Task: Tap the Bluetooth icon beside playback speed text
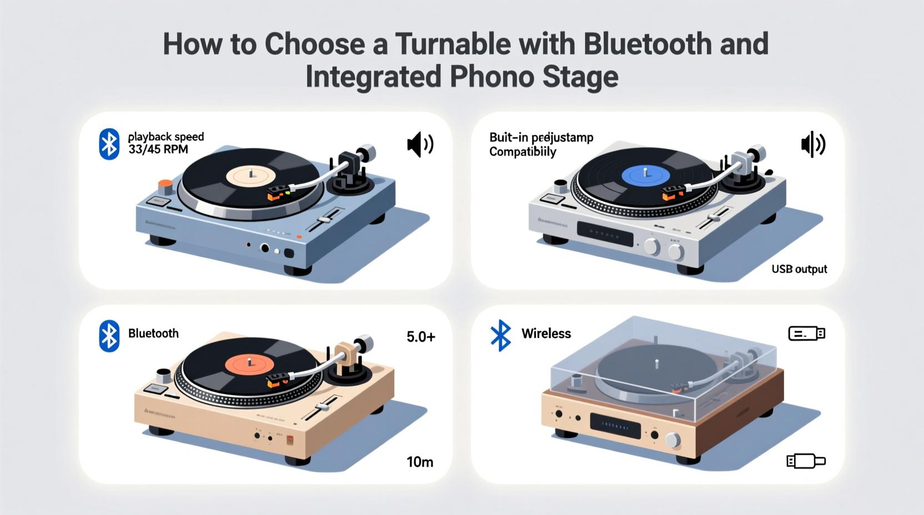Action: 109,144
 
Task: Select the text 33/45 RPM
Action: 158,150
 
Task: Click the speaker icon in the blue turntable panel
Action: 420,145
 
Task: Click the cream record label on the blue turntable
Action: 250,176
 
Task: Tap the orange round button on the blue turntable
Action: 165,185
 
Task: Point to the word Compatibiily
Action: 523,152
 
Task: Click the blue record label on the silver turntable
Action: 645,175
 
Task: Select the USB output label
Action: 799,269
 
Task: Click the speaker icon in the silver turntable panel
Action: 813,144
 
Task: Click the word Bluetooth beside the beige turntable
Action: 153,334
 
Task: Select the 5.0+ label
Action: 420,337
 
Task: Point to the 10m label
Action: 420,462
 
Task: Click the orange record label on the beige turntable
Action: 249,365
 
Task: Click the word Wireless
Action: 546,334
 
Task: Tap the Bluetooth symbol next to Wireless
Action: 501,335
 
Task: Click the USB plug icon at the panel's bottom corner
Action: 806,461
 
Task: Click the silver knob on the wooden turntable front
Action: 672,441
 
